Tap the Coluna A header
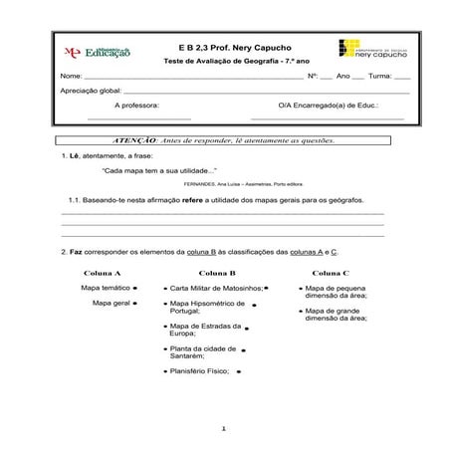pos(104,272)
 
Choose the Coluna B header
pos(217,272)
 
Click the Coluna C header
pos(331,272)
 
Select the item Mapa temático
pos(105,287)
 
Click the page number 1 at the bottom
pos(226,428)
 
